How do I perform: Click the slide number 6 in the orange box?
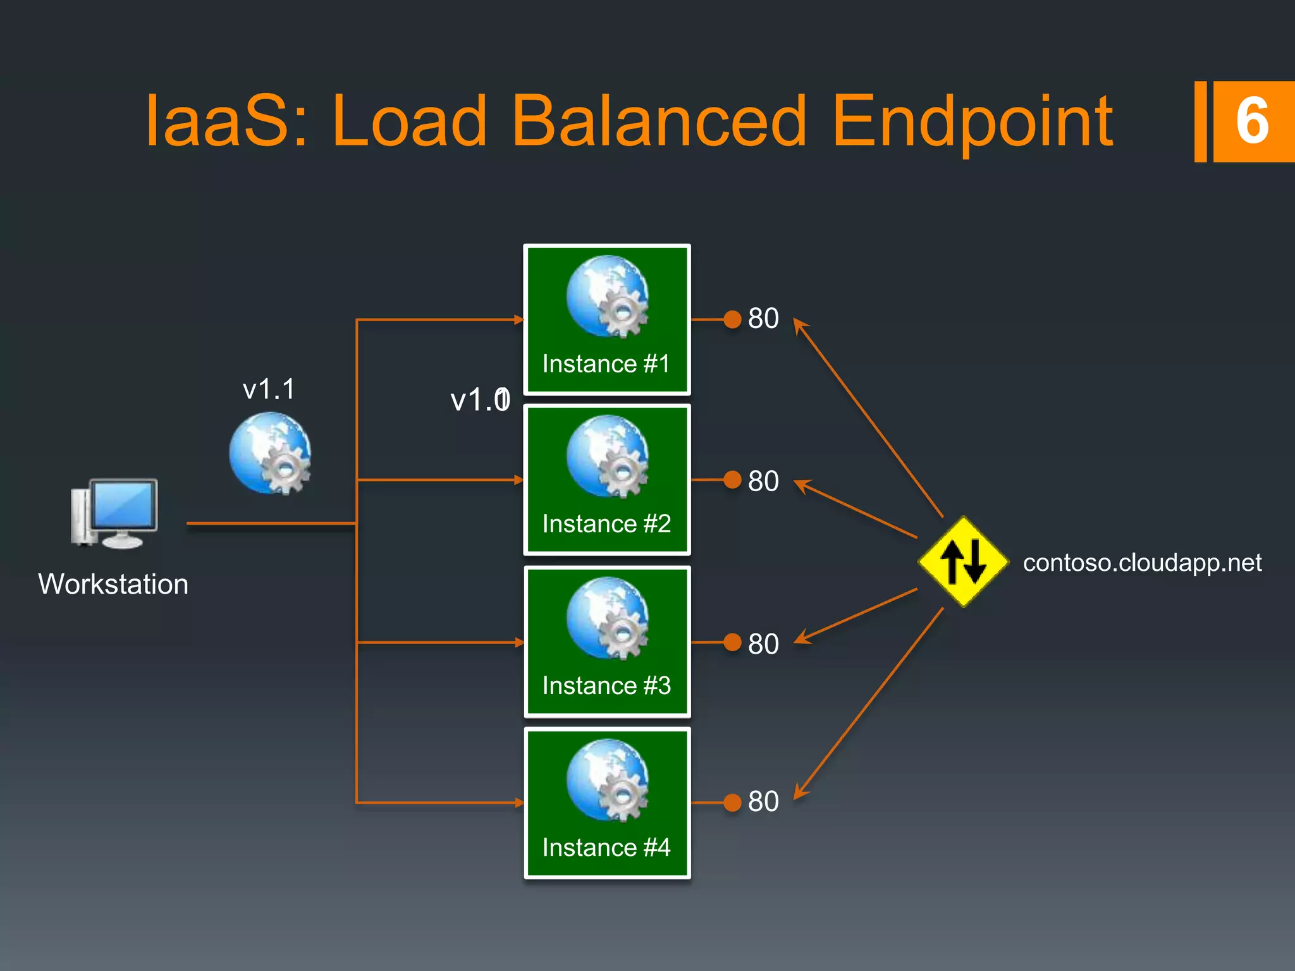(1252, 121)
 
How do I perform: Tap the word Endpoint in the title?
(972, 122)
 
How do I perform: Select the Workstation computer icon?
(114, 513)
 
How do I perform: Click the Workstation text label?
(113, 584)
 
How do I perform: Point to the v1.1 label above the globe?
(269, 389)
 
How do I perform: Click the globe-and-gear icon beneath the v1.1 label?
(271, 453)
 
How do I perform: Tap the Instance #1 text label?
(606, 364)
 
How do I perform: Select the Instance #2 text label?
(606, 524)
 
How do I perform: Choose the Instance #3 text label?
(606, 686)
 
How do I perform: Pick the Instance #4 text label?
(606, 848)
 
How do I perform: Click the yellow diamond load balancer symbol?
(962, 561)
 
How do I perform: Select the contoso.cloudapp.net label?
(1142, 563)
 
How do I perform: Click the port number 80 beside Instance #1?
(763, 319)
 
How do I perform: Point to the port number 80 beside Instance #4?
(763, 802)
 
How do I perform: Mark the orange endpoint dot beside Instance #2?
(732, 480)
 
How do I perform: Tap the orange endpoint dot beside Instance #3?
(732, 642)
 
